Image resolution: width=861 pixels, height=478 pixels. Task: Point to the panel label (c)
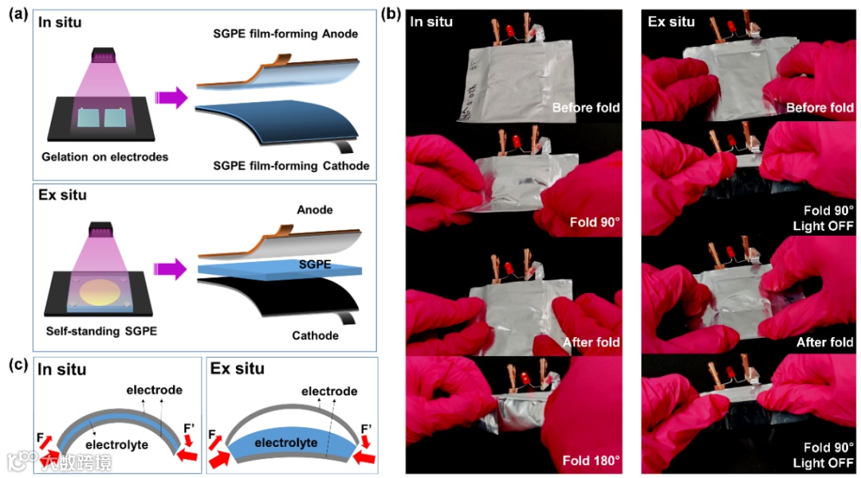pyautogui.click(x=18, y=366)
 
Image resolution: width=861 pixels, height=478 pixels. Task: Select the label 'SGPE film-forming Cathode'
pyautogui.click(x=291, y=165)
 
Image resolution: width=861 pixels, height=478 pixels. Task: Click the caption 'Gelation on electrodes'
pyautogui.click(x=105, y=157)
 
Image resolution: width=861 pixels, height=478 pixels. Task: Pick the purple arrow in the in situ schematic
pyautogui.click(x=171, y=98)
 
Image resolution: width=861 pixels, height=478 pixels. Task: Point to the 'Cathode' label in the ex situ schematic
pyautogui.click(x=314, y=335)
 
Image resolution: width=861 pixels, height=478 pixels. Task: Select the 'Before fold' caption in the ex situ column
pyautogui.click(x=820, y=108)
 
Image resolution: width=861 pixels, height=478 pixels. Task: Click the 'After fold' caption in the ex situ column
pyautogui.click(x=824, y=343)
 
